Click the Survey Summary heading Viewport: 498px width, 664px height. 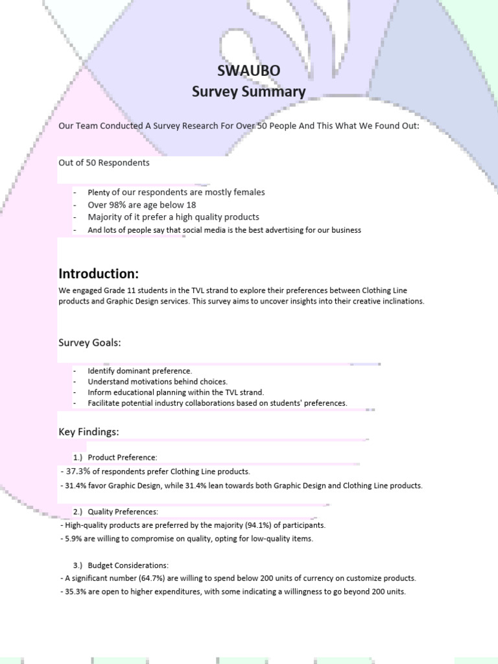(248, 91)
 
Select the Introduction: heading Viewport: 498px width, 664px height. (99, 272)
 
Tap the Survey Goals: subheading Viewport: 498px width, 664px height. (89, 342)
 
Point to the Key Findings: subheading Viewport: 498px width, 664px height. (89, 431)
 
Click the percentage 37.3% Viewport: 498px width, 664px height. (77, 471)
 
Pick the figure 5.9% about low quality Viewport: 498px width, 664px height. (73, 539)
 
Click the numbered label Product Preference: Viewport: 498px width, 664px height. (123, 458)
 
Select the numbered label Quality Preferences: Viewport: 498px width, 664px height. (123, 512)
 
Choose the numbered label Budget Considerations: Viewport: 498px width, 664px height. (128, 565)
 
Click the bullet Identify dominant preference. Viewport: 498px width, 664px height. (140, 371)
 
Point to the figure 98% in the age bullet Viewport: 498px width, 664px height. (119, 204)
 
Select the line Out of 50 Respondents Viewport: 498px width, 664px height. (104, 163)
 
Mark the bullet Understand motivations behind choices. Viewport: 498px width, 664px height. (158, 382)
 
